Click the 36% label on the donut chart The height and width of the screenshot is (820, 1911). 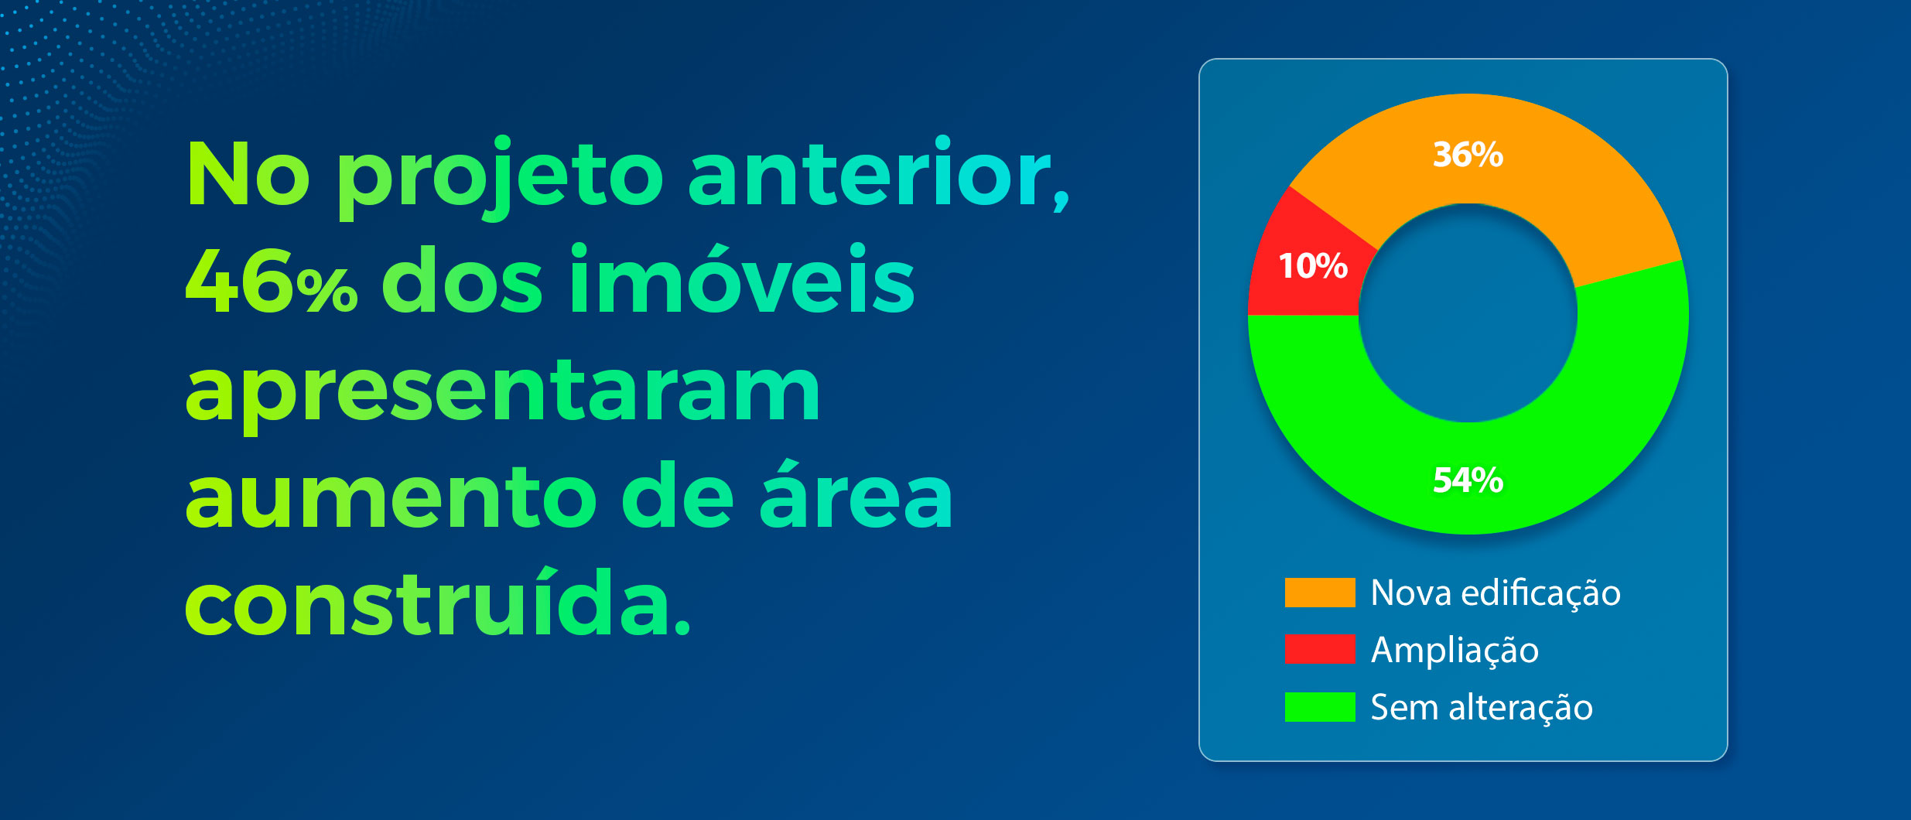(x=1468, y=155)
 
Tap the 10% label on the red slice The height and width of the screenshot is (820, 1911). (x=1313, y=266)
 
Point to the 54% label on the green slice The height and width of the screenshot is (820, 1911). (x=1468, y=480)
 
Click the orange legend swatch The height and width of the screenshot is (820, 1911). (x=1320, y=593)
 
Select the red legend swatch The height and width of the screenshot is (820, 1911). (x=1320, y=649)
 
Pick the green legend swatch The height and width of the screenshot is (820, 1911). (x=1320, y=707)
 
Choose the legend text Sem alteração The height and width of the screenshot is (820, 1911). (x=1482, y=708)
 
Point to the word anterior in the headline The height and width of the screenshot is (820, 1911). (x=878, y=173)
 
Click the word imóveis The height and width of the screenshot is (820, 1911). (x=742, y=278)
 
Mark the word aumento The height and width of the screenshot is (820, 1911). (x=391, y=495)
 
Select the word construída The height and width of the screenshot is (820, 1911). (x=438, y=601)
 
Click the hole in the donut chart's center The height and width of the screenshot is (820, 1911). (x=1468, y=313)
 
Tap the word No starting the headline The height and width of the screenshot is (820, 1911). (x=248, y=174)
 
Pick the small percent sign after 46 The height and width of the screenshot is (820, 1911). (x=326, y=291)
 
